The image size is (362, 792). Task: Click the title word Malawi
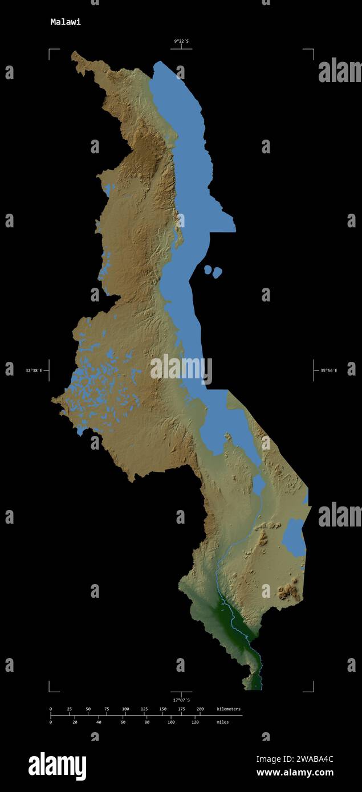[66, 22]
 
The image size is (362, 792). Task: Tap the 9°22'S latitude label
[181, 40]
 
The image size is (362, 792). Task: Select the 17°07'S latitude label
[181, 700]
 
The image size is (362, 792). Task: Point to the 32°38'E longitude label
[34, 370]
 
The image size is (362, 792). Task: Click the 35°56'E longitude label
[328, 370]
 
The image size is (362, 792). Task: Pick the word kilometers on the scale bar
[229, 709]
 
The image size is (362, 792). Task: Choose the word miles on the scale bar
[222, 722]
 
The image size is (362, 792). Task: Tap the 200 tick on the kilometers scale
[200, 709]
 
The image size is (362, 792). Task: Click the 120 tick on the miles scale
[195, 722]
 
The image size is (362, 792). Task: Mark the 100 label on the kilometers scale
[125, 709]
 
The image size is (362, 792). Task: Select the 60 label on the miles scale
[123, 722]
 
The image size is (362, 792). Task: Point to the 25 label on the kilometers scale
[70, 709]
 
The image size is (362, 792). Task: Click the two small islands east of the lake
[213, 271]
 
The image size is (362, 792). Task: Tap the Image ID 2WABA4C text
[295, 759]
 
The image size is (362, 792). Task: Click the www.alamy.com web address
[295, 773]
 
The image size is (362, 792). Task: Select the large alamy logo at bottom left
[57, 766]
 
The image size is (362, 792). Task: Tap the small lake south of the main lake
[259, 485]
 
